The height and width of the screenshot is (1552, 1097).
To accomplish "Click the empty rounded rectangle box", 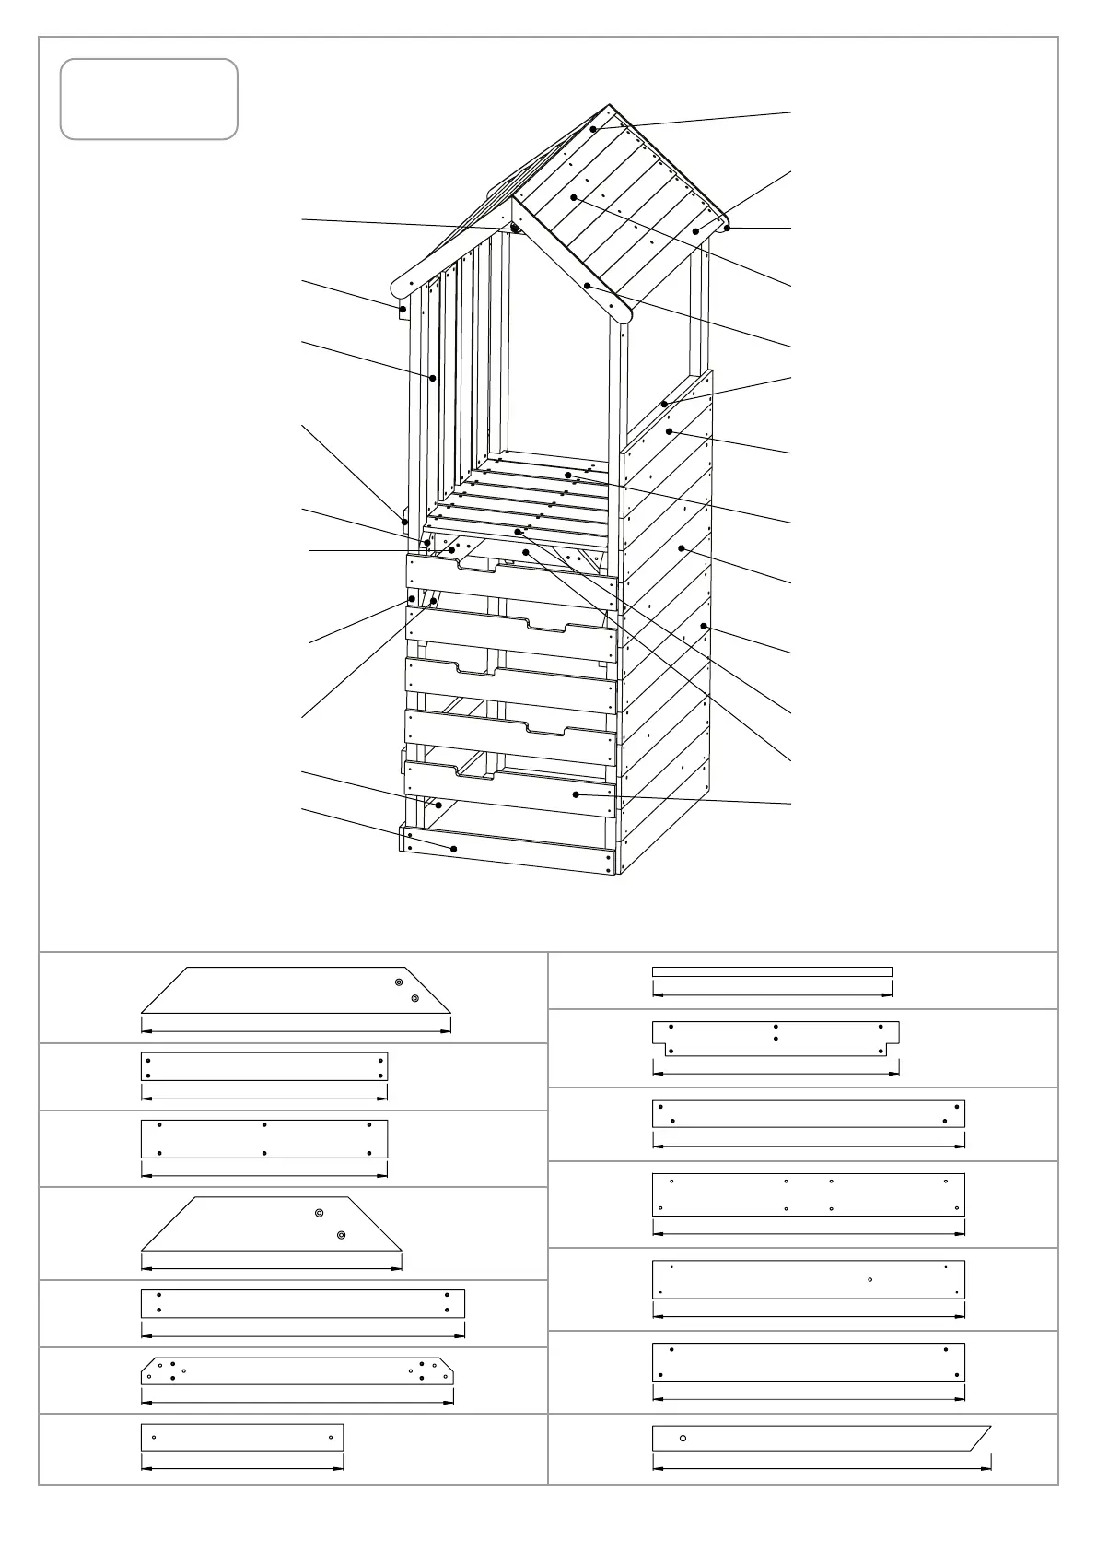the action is (x=149, y=100).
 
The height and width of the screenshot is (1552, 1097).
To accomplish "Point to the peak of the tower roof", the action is (x=608, y=107).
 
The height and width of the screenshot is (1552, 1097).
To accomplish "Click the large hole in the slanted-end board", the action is (x=683, y=1438).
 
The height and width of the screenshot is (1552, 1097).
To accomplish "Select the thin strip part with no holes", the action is (x=772, y=971).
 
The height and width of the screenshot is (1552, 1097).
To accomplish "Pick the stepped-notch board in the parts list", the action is (x=776, y=1038).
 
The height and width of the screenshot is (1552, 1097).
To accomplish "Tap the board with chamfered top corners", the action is (x=298, y=1370).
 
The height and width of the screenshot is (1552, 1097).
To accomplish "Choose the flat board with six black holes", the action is (x=264, y=1139).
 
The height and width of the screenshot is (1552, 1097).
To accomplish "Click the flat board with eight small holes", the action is (x=809, y=1194).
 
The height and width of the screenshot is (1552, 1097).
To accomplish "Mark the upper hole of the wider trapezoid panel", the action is (x=398, y=982).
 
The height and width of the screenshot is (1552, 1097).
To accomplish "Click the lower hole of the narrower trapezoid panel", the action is (x=341, y=1235).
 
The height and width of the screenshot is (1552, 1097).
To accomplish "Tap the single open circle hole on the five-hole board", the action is (x=869, y=1280).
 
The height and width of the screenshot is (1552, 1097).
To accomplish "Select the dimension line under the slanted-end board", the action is (x=822, y=1467).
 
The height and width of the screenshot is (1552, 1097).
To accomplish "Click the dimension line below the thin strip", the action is (x=772, y=994).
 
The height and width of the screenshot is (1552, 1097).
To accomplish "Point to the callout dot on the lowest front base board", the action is (x=453, y=849).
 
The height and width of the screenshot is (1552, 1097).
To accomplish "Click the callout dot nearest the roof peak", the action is (x=594, y=129).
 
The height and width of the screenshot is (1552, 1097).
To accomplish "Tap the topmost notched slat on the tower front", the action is (x=511, y=576).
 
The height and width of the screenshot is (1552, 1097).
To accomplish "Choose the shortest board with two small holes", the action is (x=242, y=1437).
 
